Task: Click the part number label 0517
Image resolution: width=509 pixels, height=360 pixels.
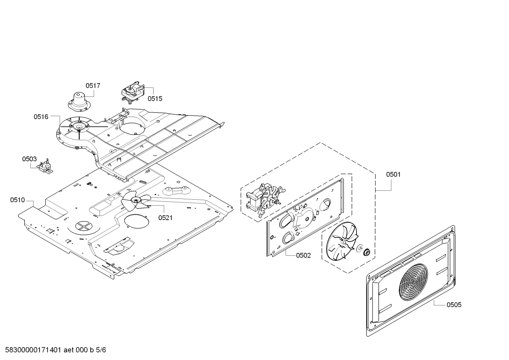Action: pyautogui.click(x=93, y=85)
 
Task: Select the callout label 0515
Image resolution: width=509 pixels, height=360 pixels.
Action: pyautogui.click(x=155, y=99)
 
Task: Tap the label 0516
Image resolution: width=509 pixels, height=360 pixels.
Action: pyautogui.click(x=41, y=117)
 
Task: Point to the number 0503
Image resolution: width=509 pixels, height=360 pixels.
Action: pyautogui.click(x=29, y=159)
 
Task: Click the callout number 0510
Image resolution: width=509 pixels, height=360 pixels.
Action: pyautogui.click(x=17, y=200)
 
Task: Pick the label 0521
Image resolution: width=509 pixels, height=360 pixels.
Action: pyautogui.click(x=165, y=218)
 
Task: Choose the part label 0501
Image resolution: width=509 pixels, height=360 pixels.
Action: pyautogui.click(x=393, y=174)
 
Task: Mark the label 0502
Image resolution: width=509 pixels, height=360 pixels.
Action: pyautogui.click(x=303, y=255)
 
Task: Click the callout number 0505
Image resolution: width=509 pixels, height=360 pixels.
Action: pyautogui.click(x=454, y=305)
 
